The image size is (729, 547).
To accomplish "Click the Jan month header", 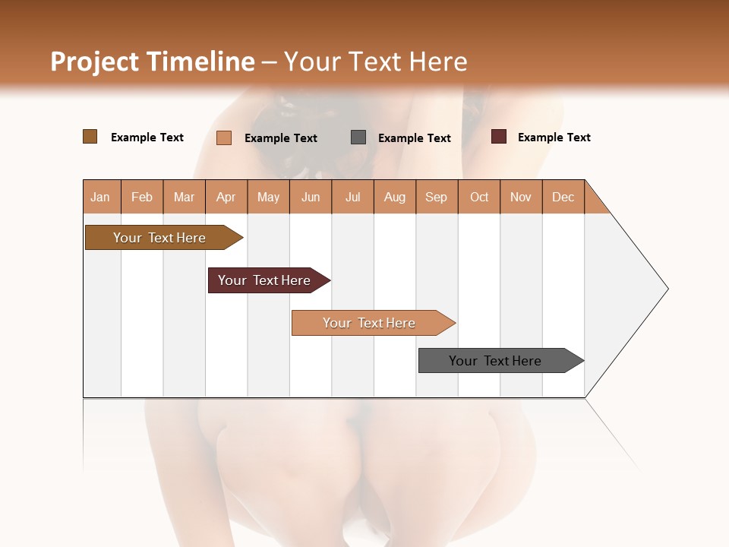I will click(101, 197).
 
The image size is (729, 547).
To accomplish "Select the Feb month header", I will click(142, 197).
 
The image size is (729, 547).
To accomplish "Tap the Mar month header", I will click(184, 197).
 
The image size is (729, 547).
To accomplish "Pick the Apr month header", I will click(226, 197).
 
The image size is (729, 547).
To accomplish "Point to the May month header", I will click(268, 197).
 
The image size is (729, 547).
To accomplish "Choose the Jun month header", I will click(311, 197).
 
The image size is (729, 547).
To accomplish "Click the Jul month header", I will click(352, 197).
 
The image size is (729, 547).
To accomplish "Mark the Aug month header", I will click(395, 197).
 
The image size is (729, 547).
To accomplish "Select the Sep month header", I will click(437, 197).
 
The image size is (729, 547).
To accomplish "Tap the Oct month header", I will click(479, 197).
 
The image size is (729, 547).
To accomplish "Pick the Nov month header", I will click(521, 197).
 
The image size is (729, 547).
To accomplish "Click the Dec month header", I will click(563, 197).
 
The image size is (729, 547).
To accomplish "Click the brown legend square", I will click(90, 137).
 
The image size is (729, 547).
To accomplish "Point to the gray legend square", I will click(358, 138).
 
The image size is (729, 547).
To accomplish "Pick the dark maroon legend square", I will click(498, 137).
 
